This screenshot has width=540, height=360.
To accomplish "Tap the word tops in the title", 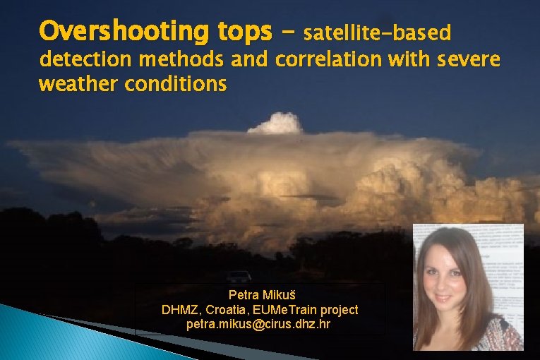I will pos(243,32).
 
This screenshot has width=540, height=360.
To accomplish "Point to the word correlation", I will pos(328,59).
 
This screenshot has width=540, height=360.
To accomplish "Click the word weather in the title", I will pos(78,84).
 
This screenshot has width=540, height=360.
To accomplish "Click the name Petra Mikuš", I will pos(259,294).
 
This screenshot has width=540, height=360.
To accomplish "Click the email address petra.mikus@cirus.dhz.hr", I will pos(259,325).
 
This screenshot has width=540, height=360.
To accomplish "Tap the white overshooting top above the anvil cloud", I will pos(276,124).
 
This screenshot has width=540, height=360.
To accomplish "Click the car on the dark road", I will pos(239,276).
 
